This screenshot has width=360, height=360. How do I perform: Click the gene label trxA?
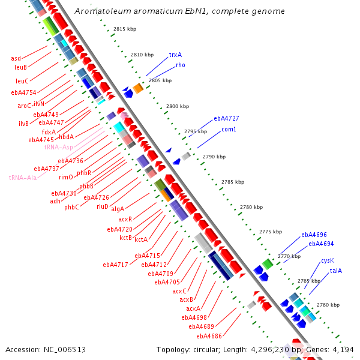point(175,55)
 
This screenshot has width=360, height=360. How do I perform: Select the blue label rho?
point(181,65)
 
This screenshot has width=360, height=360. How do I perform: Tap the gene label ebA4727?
point(226,119)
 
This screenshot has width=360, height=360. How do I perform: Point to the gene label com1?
point(229,130)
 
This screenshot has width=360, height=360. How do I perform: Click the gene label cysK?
point(327,260)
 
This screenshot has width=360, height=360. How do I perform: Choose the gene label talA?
point(335,271)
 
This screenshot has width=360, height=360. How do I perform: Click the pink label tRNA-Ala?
point(22,178)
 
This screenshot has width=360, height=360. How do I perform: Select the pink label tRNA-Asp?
point(58,147)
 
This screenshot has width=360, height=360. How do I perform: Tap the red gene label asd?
point(16,59)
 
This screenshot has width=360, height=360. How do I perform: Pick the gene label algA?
point(117,209)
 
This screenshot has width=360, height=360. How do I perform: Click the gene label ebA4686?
point(205,336)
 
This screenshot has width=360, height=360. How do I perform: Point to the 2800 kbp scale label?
point(178,106)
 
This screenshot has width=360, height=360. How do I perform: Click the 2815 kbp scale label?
point(125,29)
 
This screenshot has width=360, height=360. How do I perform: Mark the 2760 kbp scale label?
point(328,305)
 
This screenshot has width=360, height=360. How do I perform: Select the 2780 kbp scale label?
point(251,207)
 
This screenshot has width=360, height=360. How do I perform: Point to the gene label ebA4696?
point(314,235)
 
